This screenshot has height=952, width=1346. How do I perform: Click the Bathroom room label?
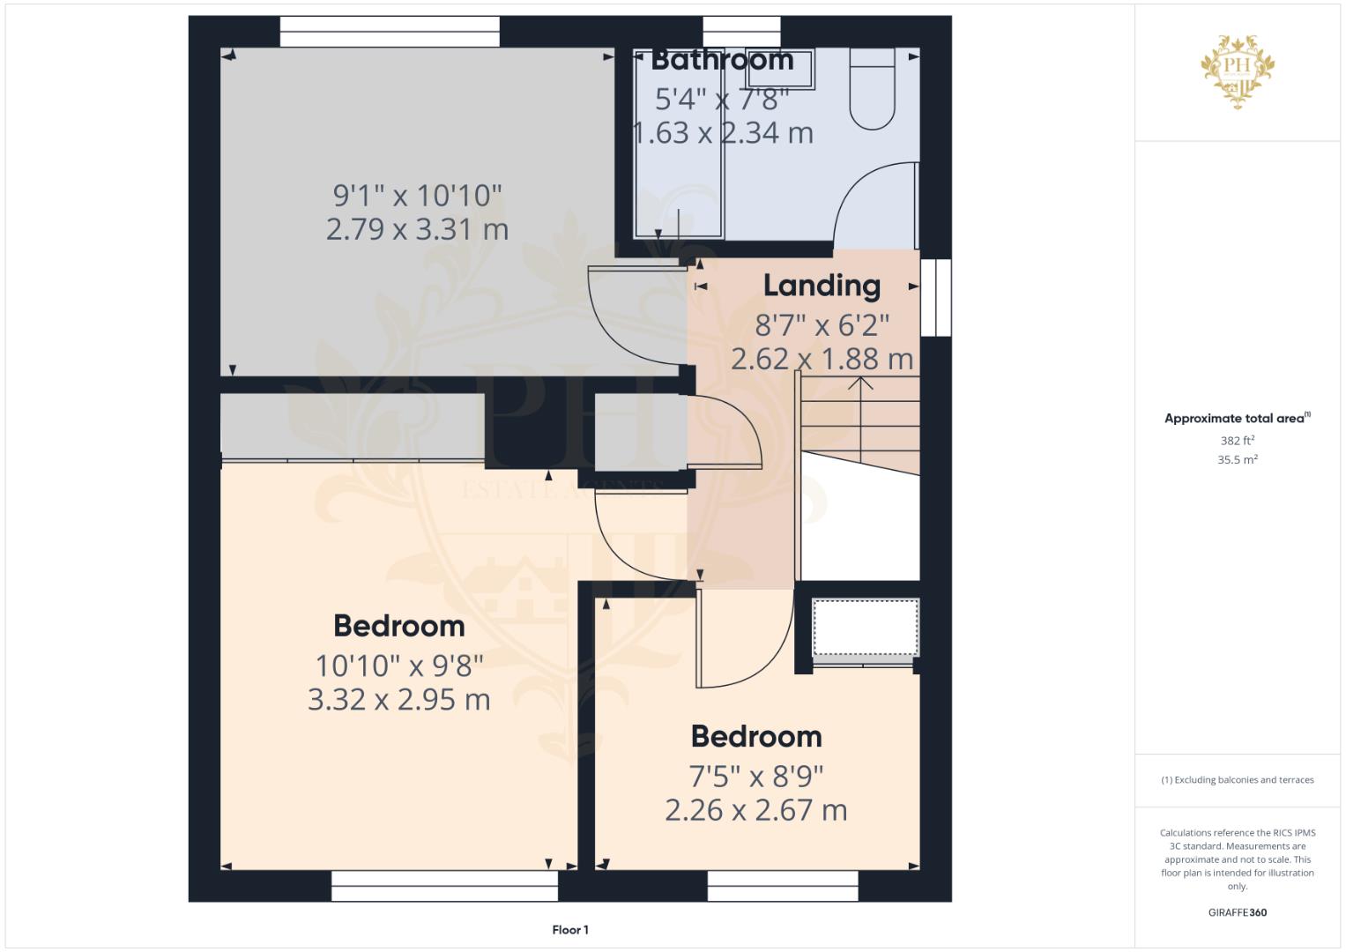722,60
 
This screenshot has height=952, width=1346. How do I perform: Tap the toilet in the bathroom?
873,88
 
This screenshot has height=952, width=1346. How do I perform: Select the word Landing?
822,286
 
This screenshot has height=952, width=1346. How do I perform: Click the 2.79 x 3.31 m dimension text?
417,229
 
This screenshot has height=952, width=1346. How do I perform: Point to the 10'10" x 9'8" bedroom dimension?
399,666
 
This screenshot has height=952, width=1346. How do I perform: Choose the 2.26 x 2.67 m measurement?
756,809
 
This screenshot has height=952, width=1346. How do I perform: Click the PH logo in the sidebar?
1238,71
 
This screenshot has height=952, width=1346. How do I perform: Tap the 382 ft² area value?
1238,440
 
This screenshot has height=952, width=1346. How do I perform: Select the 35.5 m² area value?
1238,459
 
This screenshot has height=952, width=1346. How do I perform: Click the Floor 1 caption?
570,930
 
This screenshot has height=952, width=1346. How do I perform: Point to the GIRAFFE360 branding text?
1238,912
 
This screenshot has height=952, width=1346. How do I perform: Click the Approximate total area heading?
1238,419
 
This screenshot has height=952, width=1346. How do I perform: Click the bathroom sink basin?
780,69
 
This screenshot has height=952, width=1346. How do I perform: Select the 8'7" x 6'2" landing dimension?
822,325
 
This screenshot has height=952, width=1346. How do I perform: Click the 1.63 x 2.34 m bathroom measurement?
724,133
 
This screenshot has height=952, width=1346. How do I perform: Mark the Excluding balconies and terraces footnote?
1238,780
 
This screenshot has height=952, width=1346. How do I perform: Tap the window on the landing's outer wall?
936,298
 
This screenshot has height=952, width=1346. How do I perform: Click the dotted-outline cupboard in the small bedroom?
866,628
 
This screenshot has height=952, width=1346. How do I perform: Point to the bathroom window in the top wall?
741,31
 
